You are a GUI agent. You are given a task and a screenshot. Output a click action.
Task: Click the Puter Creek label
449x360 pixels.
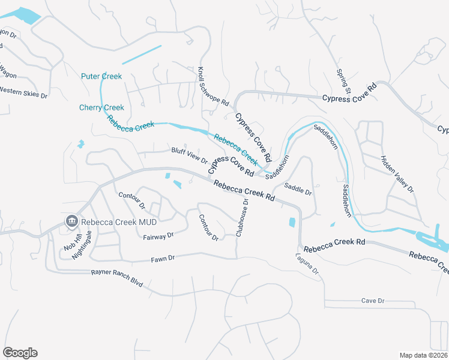[101, 76]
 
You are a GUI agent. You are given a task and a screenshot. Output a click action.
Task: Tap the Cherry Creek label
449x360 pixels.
[101, 107]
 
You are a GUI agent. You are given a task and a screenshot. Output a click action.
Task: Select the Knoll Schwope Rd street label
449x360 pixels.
[213, 86]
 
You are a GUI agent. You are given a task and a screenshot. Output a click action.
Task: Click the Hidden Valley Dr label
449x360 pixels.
[397, 174]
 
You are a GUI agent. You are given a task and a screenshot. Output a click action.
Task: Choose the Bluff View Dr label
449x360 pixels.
[189, 156]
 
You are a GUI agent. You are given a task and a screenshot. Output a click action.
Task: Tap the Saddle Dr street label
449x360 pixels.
[298, 188]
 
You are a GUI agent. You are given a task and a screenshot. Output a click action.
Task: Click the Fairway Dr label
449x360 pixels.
[158, 236]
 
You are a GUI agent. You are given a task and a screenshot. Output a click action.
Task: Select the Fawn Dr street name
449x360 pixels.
[163, 258]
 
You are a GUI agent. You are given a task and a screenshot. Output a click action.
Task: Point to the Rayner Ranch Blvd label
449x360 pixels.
[117, 277]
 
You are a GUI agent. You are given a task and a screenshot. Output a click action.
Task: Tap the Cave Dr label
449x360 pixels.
[372, 301]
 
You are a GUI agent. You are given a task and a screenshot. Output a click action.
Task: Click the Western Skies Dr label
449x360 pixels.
[23, 91]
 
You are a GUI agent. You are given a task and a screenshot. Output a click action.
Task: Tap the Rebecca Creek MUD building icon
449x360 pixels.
[71, 221]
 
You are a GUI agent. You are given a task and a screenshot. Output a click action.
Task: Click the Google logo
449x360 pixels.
[20, 353]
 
